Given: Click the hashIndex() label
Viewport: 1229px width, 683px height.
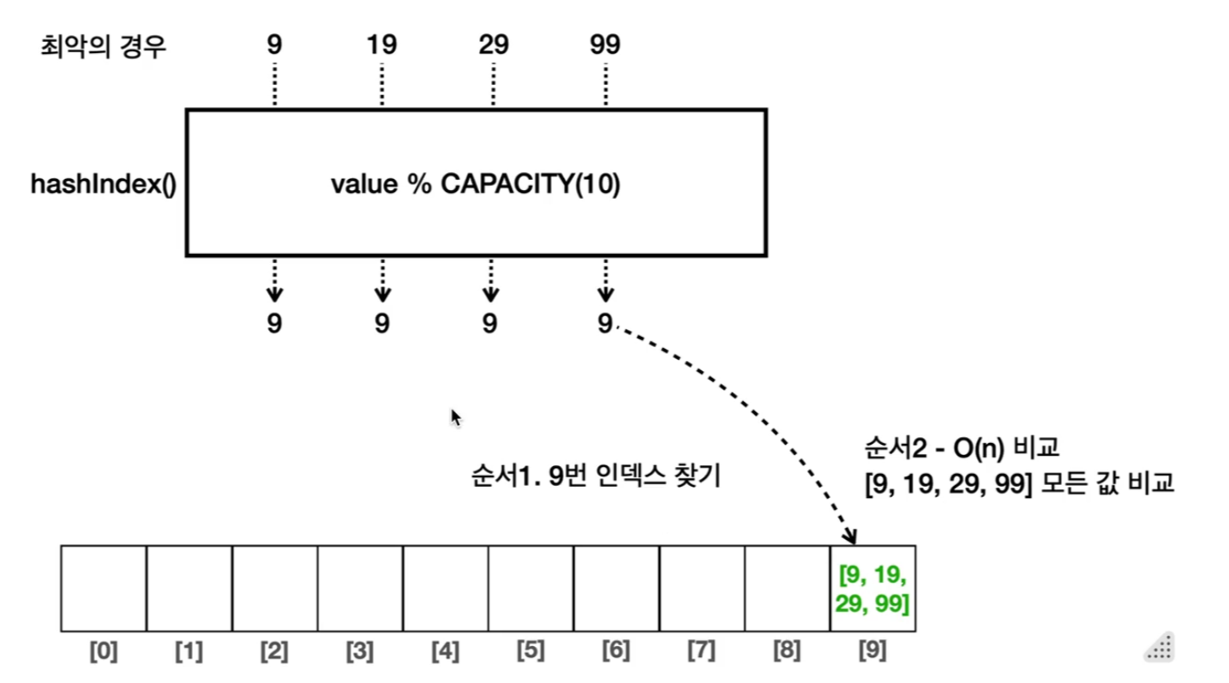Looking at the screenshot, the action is click(103, 184).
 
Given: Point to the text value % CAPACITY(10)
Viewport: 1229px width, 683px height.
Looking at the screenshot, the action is click(476, 185).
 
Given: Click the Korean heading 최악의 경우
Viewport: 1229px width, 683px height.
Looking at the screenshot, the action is click(103, 45).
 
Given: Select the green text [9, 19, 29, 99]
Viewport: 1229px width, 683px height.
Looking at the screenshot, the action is click(873, 588).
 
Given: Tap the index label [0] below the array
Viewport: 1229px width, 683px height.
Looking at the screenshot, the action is click(104, 652).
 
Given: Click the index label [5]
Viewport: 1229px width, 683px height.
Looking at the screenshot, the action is click(531, 652).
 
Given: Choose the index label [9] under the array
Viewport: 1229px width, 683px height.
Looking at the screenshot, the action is click(872, 652).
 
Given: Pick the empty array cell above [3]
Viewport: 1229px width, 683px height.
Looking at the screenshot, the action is click(360, 589).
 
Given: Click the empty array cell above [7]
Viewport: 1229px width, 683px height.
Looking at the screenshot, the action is click(702, 589).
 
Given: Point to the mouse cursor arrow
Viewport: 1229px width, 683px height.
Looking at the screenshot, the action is click(456, 417).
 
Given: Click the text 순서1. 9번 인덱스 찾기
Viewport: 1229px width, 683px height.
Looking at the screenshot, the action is click(596, 476).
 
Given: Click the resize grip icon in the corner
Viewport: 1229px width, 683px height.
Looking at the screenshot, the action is click(1159, 648).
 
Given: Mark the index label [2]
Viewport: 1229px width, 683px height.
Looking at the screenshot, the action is click(274, 652).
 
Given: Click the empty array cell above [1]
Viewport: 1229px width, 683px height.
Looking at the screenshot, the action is click(189, 589).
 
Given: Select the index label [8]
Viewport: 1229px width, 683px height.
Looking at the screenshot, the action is click(787, 652).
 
